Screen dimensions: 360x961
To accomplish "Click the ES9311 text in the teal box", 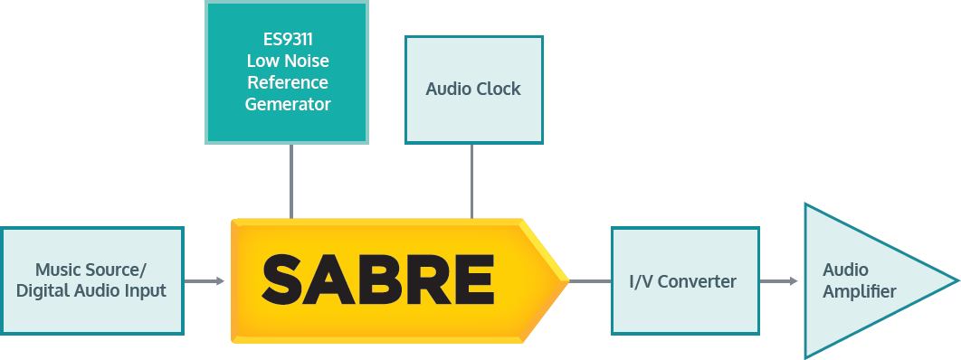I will tap(288, 41).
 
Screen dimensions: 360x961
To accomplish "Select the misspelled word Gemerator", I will tap(288, 104).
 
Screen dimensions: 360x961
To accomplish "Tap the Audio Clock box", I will tap(473, 90).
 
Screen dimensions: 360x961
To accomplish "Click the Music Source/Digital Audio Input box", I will tap(91, 280).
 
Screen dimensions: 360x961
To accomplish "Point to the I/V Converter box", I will tap(684, 280).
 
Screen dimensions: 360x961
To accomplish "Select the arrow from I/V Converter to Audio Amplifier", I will tap(777, 281).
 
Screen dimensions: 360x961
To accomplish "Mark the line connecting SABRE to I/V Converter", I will tap(590, 281).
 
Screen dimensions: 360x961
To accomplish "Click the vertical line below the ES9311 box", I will tap(291, 181).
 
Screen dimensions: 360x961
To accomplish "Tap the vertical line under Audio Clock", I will tap(471, 181).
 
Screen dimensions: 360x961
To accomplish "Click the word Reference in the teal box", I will tap(288, 83).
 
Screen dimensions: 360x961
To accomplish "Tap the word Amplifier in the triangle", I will tap(860, 291).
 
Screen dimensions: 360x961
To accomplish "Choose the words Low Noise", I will tap(288, 62).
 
